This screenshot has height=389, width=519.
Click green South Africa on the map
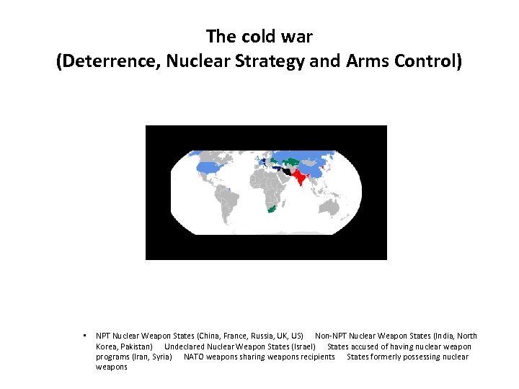click(x=271, y=208)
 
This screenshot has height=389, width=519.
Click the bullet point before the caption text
click(x=84, y=336)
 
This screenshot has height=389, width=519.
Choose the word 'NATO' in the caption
click(x=194, y=357)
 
